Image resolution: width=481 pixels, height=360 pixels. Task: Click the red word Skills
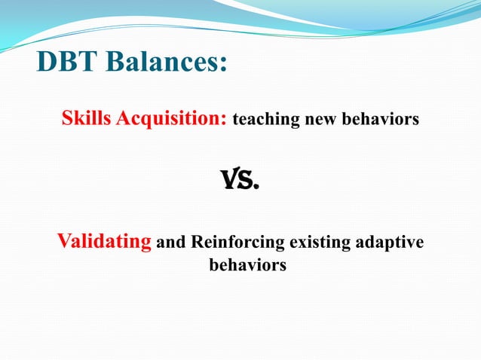click(86, 118)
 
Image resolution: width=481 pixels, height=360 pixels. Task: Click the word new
click(315, 120)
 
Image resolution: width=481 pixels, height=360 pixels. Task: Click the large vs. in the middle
click(238, 181)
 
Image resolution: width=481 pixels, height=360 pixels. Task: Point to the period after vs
click(256, 188)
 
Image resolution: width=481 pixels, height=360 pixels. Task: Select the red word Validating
click(104, 243)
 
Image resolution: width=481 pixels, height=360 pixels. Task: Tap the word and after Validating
click(170, 243)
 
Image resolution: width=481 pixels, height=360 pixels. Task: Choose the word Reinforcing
click(237, 243)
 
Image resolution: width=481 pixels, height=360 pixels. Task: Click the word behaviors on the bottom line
click(247, 266)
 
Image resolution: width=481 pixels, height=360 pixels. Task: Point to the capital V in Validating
click(64, 243)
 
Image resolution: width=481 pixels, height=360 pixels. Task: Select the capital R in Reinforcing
click(197, 243)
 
